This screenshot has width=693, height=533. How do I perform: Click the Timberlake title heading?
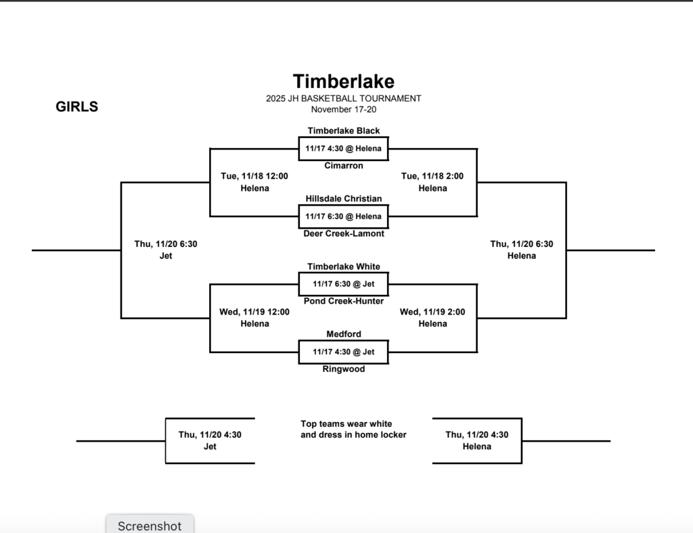point(343,82)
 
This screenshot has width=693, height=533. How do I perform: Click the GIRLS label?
point(76,107)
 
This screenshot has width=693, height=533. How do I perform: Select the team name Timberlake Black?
point(343,131)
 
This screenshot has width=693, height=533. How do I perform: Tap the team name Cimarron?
point(343,166)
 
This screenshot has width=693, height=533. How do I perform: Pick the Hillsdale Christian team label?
point(343,199)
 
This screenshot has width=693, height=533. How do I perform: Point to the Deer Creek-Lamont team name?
point(343,233)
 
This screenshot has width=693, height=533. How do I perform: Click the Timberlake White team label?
point(343,266)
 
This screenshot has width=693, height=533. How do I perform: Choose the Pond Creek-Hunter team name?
point(343,301)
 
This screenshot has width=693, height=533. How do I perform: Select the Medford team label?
point(343,334)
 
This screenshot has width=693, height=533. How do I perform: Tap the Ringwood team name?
point(343,369)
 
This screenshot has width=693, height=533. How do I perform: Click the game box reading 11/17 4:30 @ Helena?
point(343,149)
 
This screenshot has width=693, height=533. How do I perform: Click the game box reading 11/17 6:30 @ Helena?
point(343,216)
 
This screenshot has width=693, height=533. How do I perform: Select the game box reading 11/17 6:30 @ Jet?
point(343,284)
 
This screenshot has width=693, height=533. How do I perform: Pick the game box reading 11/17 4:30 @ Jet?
point(343,352)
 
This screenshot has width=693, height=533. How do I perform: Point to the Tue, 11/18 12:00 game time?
point(254,177)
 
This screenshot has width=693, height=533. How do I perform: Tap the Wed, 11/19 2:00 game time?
point(432,312)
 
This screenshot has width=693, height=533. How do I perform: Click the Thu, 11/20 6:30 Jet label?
point(166,250)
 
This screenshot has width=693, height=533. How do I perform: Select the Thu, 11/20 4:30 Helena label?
point(476,440)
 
